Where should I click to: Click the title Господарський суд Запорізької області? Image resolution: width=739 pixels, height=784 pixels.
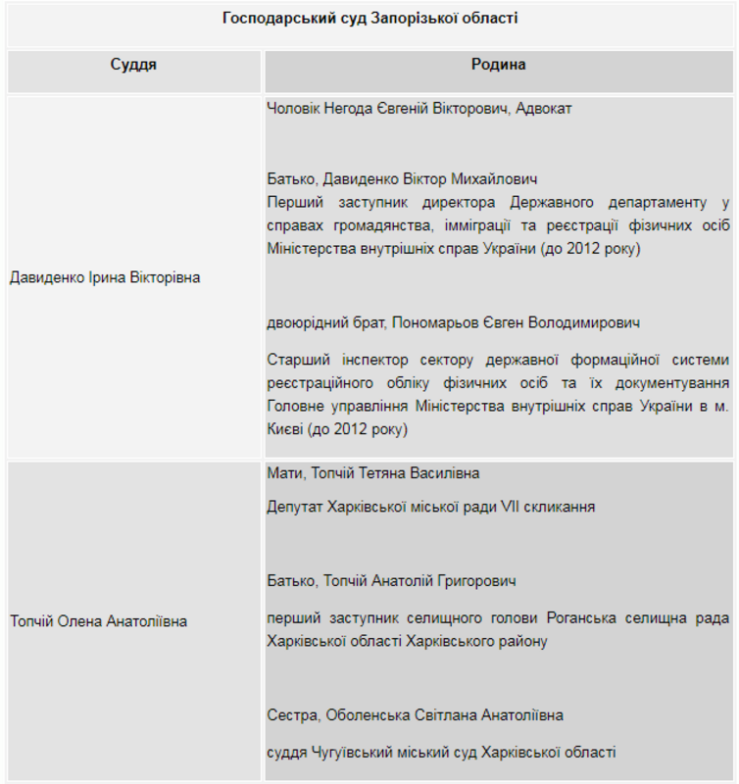(x=369, y=19)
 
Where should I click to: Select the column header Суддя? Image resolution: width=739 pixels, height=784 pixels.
(x=133, y=65)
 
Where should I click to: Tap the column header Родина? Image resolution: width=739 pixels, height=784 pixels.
(x=498, y=65)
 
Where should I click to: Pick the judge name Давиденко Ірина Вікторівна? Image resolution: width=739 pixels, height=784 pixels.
(x=105, y=277)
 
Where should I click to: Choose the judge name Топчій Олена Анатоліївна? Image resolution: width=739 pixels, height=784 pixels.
(x=98, y=621)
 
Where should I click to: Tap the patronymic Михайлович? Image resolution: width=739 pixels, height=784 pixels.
(x=494, y=179)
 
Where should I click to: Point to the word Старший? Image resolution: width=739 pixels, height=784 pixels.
(x=296, y=361)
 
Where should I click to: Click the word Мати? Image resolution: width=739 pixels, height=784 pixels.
(x=284, y=473)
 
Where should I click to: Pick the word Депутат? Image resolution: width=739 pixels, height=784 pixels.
(x=298, y=508)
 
